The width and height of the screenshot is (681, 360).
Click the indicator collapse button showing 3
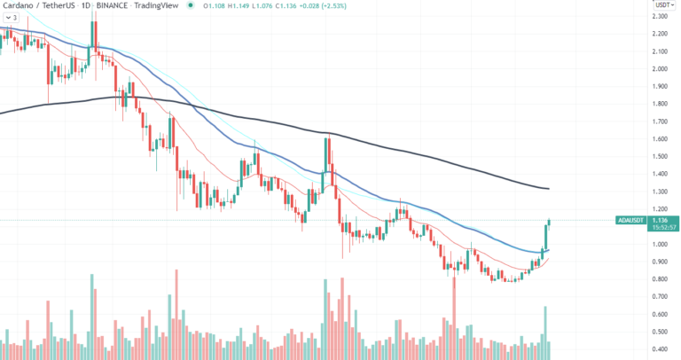pos(12,17)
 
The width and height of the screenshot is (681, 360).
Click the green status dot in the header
pos(190,5)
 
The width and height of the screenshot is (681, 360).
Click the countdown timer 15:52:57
pos(661,227)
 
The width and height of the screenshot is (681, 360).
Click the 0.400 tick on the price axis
pos(660,348)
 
